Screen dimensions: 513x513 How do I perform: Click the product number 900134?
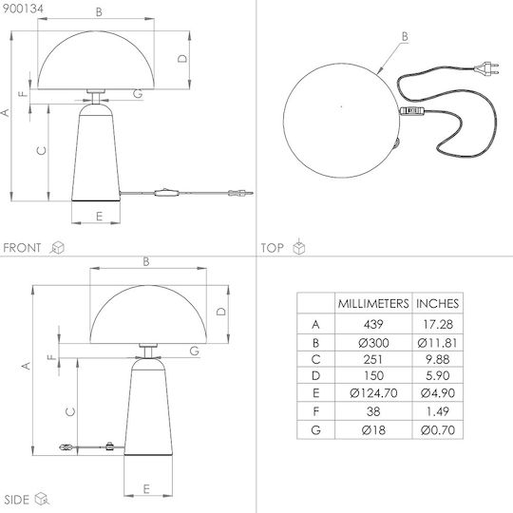pyautogui.click(x=23, y=9)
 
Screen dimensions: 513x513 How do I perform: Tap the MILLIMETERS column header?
pyautogui.click(x=373, y=304)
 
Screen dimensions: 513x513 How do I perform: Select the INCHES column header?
pyautogui.click(x=437, y=304)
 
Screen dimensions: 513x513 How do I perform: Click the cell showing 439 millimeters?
pyautogui.click(x=373, y=324)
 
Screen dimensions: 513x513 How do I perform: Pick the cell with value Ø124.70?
pyautogui.click(x=373, y=392)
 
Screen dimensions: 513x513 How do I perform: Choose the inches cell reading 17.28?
pyautogui.click(x=438, y=324)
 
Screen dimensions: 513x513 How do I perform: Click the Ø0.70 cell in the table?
pyautogui.click(x=438, y=430)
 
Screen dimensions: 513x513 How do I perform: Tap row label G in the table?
pyautogui.click(x=315, y=430)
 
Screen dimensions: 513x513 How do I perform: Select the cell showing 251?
pyautogui.click(x=373, y=359)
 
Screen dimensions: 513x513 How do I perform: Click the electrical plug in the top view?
pyautogui.click(x=486, y=68)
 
